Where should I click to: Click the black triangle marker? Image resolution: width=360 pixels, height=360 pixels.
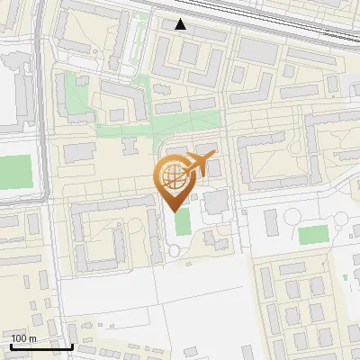click(181, 24)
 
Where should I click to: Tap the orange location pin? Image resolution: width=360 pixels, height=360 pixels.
click(175, 180)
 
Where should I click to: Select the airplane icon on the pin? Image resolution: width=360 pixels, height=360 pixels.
click(199, 165)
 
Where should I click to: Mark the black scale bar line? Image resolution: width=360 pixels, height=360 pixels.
click(41, 346)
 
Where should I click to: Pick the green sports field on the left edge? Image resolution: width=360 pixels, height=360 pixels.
click(14, 172)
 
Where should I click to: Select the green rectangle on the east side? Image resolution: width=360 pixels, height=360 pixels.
click(313, 235)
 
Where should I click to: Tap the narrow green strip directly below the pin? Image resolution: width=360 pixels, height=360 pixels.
click(183, 221)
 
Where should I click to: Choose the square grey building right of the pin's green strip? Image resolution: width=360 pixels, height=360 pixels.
click(216, 202)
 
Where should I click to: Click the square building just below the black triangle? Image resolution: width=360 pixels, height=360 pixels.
click(188, 53)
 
